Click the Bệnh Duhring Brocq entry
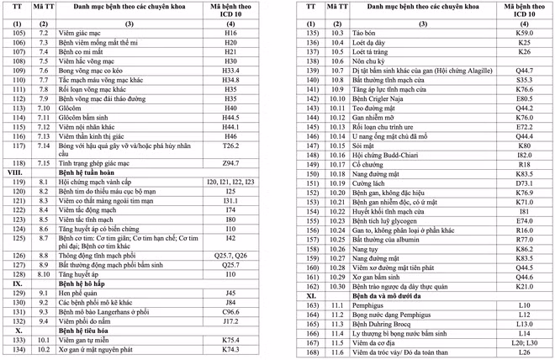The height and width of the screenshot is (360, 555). [386, 324]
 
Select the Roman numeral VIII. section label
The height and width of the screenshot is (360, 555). [15, 171]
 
